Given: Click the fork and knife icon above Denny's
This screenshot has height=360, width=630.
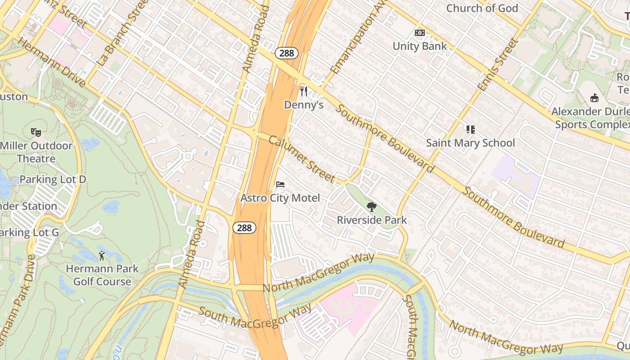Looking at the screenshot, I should click(x=304, y=91).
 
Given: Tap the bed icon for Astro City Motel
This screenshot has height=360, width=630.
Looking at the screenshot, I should click(x=280, y=184).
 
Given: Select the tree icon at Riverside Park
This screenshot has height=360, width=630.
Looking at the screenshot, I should click(x=372, y=207).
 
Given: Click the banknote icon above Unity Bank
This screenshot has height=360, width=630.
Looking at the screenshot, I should click(x=420, y=33).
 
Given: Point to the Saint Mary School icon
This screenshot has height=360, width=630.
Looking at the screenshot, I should click(x=471, y=130).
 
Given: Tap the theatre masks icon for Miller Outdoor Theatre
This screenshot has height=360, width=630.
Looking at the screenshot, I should click(x=36, y=132).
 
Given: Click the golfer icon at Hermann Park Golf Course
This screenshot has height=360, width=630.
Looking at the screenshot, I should click(x=102, y=256).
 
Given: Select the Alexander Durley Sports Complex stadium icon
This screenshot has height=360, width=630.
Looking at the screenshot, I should click(x=594, y=98).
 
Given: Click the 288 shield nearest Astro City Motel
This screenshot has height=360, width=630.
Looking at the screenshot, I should click(x=244, y=228).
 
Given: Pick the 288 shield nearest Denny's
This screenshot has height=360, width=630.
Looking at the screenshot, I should click(x=286, y=53).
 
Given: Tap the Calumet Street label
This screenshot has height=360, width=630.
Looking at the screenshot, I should click(x=301, y=159).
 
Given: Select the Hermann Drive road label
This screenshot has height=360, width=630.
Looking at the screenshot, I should click(x=52, y=62).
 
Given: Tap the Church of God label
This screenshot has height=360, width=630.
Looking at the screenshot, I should click(x=482, y=8).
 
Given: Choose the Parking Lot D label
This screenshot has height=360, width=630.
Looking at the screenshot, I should click(x=53, y=180).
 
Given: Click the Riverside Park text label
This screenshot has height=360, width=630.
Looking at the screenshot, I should click(x=372, y=220).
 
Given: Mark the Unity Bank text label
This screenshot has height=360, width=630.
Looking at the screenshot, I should click(x=420, y=46).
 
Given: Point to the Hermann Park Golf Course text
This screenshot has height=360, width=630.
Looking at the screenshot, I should click(x=102, y=275).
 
